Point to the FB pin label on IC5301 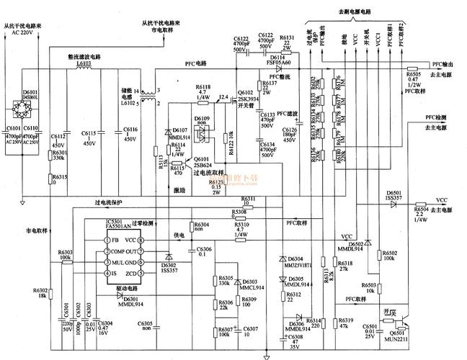pyautogui.click(x=114, y=240)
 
